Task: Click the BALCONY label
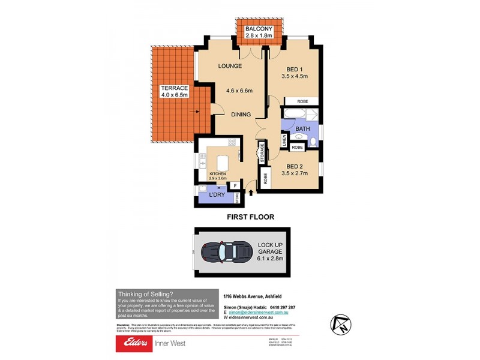[259, 29]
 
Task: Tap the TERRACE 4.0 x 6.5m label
[174, 91]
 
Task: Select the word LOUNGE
[230, 66]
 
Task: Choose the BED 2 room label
[294, 170]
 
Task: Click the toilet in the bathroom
[313, 142]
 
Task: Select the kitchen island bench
[221, 162]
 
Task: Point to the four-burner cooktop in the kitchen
[232, 143]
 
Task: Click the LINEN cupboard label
[284, 141]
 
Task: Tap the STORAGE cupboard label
[262, 152]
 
